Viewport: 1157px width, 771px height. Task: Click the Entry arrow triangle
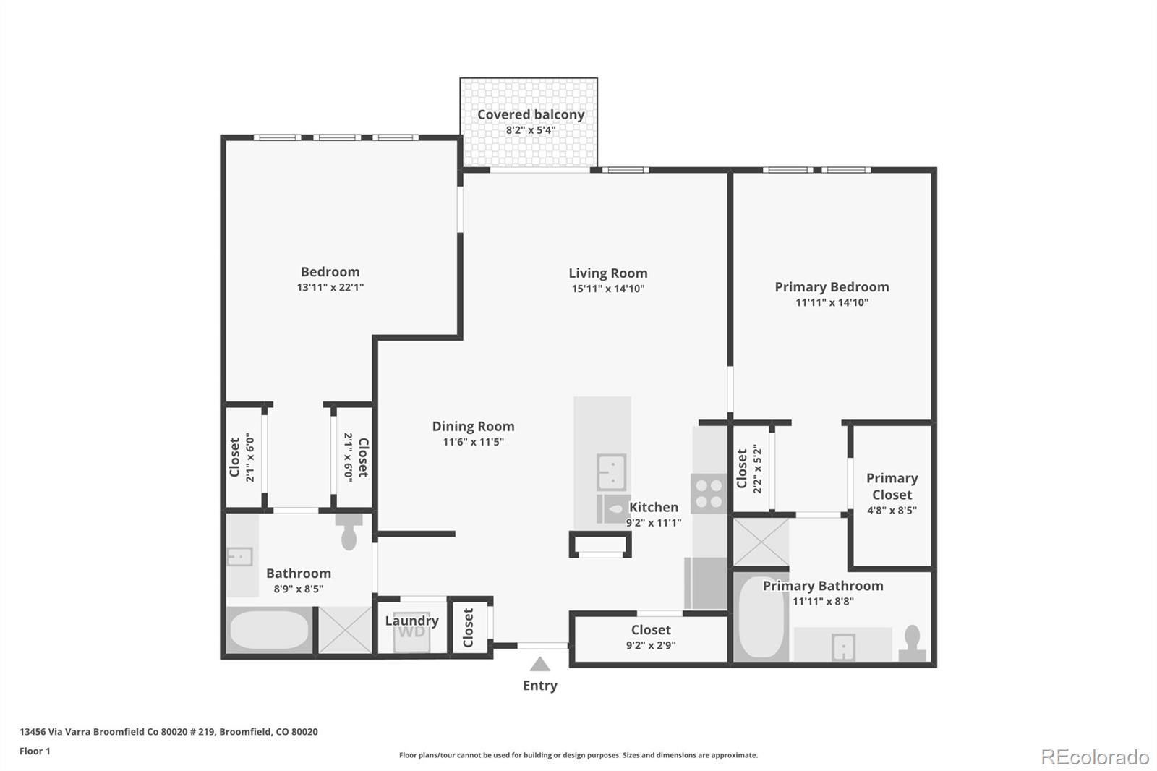pyautogui.click(x=539, y=664)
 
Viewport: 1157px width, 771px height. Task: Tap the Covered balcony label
pyautogui.click(x=530, y=114)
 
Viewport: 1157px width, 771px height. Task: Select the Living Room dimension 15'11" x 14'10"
pyautogui.click(x=607, y=289)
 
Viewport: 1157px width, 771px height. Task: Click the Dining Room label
pyautogui.click(x=473, y=427)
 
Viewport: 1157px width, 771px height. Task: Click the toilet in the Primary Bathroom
pyautogui.click(x=912, y=642)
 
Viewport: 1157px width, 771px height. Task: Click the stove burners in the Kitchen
pyautogui.click(x=708, y=493)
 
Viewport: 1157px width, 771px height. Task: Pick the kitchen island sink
pyautogui.click(x=611, y=472)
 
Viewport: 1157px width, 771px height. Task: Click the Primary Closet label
pyautogui.click(x=892, y=486)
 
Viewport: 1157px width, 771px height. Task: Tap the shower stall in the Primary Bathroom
pyautogui.click(x=761, y=542)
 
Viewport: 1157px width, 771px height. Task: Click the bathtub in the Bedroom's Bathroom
pyautogui.click(x=269, y=630)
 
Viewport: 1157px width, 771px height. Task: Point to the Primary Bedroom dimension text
pyautogui.click(x=832, y=303)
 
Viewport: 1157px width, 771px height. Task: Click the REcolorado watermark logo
pyautogui.click(x=1094, y=757)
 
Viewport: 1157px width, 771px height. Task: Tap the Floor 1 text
pyautogui.click(x=35, y=751)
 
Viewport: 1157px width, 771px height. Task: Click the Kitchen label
pyautogui.click(x=654, y=507)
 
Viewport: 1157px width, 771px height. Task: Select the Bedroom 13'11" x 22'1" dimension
pyautogui.click(x=330, y=287)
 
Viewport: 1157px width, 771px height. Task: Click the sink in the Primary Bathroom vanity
pyautogui.click(x=843, y=647)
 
